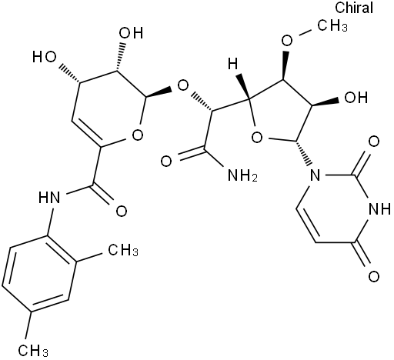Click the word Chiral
(354, 8)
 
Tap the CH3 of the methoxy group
(332, 25)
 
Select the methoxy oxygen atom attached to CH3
(287, 40)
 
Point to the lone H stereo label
(233, 63)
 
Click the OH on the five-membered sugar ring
(356, 98)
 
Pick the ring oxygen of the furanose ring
(257, 138)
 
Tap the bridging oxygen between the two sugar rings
(183, 86)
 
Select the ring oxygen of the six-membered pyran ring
(138, 135)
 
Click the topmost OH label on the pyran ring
(131, 33)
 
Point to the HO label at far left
(45, 57)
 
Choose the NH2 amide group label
(242, 175)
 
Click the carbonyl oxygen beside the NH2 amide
(166, 162)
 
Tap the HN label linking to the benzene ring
(49, 198)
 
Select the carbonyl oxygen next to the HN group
(122, 212)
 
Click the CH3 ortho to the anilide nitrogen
(123, 249)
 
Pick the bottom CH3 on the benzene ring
(33, 350)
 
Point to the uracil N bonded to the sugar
(315, 175)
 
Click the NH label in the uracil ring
(379, 209)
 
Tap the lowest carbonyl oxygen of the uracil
(374, 277)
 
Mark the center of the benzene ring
(39, 273)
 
